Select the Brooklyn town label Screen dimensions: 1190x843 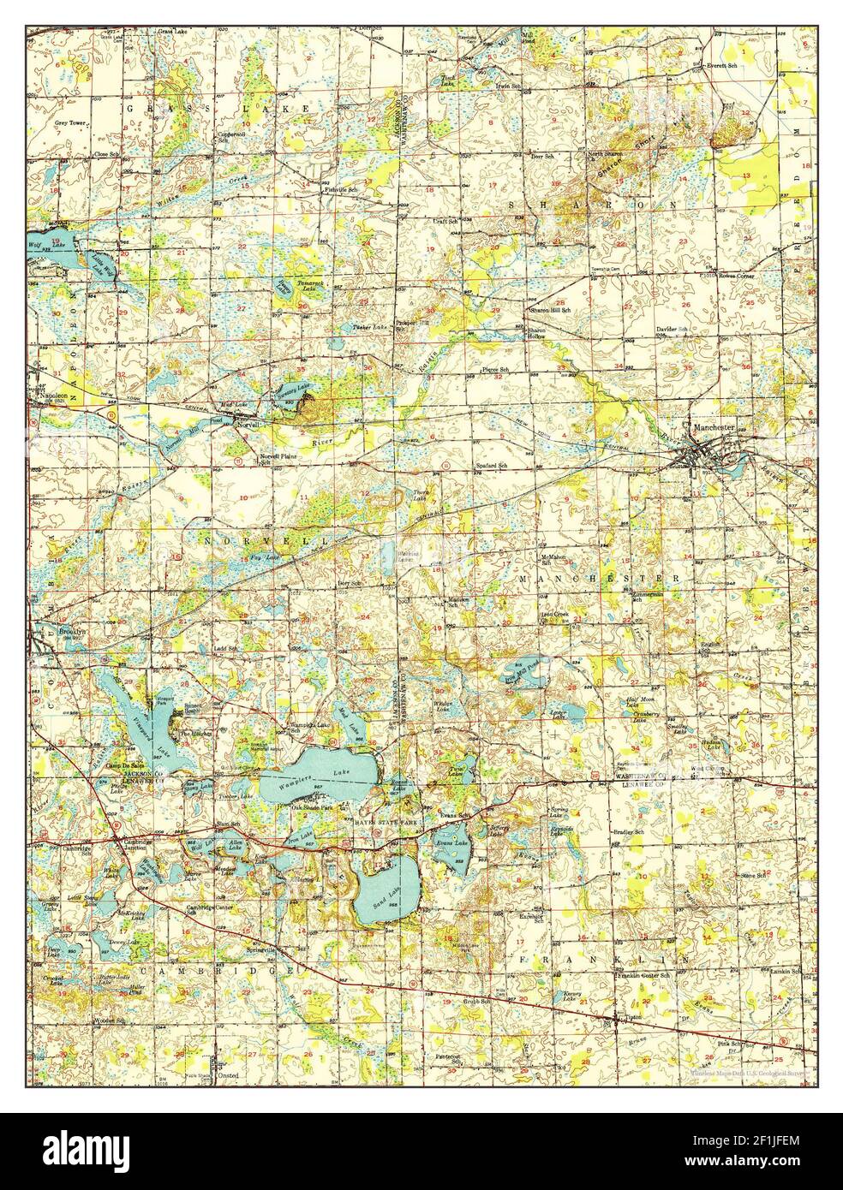coord(74,631)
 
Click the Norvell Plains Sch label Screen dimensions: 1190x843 coord(278,459)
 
